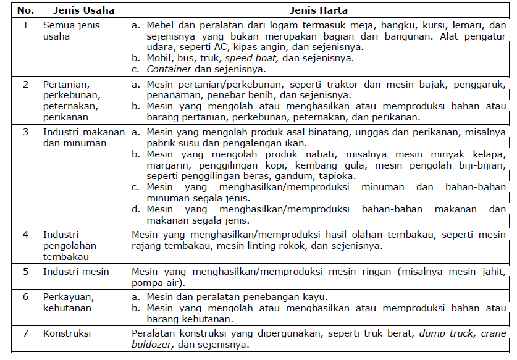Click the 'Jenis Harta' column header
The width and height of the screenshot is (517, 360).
tap(319, 10)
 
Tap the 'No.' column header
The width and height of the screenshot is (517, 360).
tap(25, 10)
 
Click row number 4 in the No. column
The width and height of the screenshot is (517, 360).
tap(25, 235)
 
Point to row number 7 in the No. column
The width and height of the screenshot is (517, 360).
tap(25, 333)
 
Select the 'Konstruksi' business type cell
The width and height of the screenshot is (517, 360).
tap(67, 333)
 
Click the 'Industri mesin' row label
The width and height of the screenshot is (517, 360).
tap(75, 272)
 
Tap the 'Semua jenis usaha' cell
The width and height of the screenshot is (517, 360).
tap(71, 31)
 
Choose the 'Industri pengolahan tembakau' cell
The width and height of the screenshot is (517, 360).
tap(70, 245)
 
